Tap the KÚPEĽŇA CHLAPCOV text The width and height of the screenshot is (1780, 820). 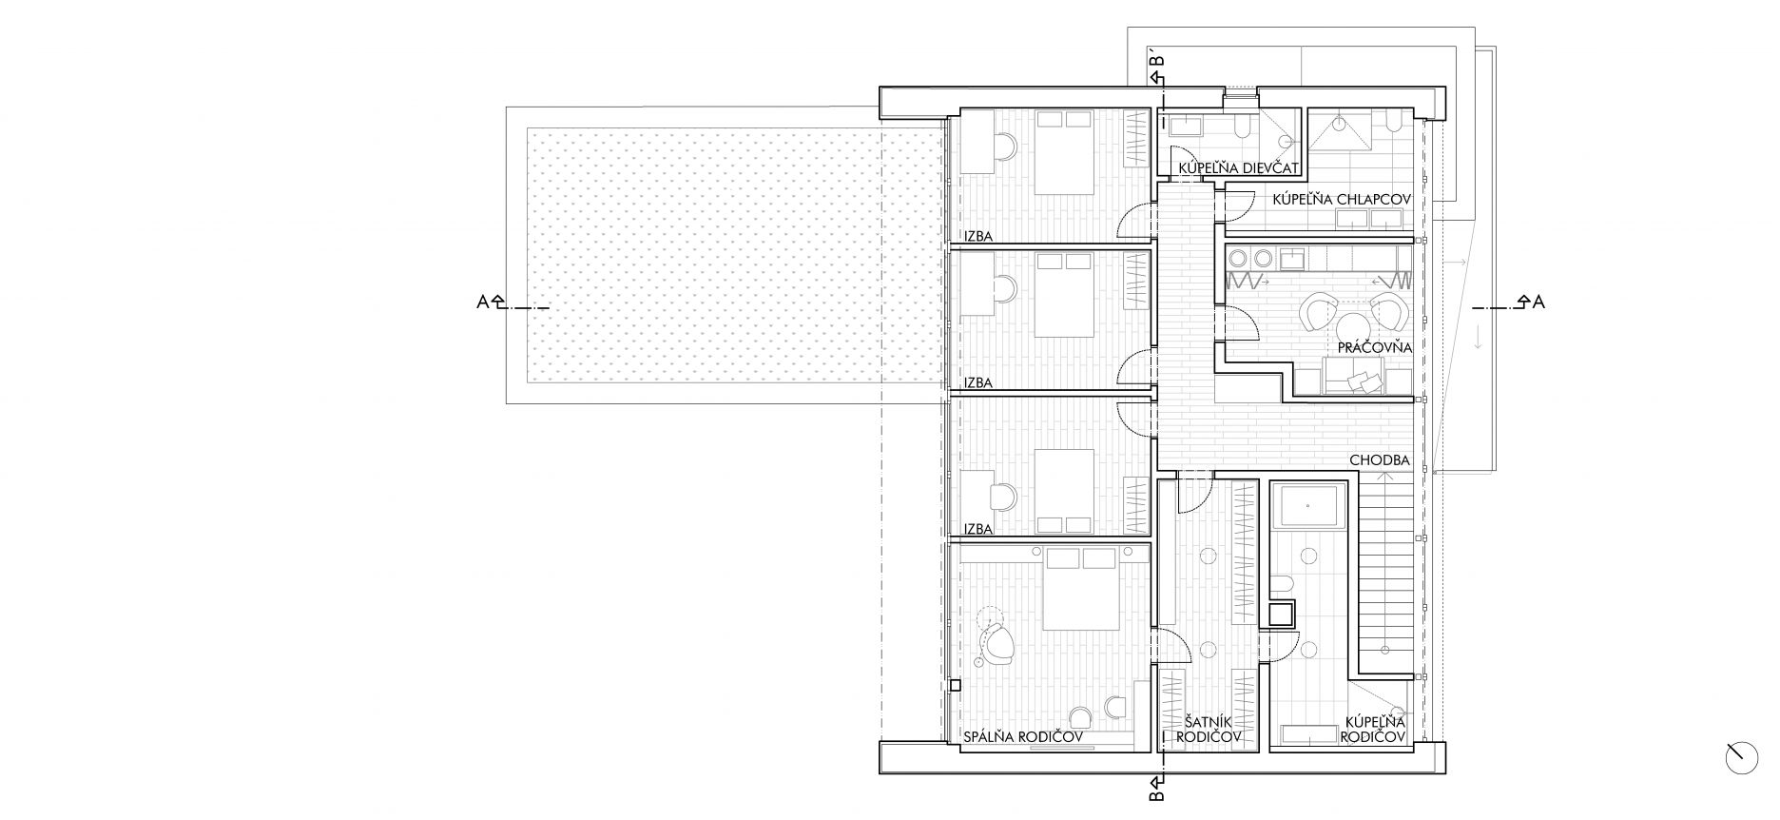1341,199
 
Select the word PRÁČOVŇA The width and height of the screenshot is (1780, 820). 1374,348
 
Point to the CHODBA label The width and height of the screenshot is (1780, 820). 1380,460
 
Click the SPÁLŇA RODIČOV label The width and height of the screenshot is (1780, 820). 1024,736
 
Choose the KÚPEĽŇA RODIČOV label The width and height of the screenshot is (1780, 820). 1373,730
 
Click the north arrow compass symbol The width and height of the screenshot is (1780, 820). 1742,757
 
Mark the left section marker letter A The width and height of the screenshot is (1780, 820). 483,303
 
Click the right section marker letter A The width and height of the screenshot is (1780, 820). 1538,303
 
